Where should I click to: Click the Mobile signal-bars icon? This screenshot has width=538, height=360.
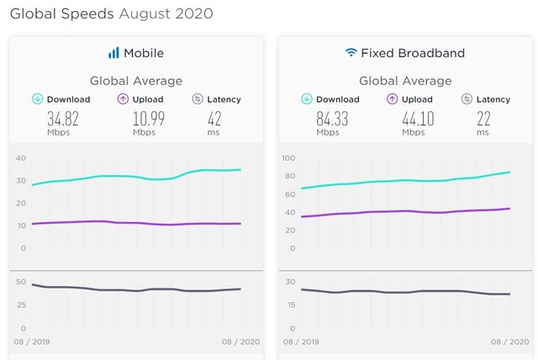tap(113, 53)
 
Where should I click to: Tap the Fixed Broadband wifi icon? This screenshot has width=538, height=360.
tap(351, 52)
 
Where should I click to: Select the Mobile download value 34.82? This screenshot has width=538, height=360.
tap(63, 119)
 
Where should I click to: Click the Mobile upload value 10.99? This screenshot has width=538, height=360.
tap(149, 119)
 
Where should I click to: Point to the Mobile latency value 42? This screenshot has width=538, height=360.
tap(214, 119)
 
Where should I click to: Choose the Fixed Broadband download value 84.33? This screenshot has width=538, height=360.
tap(332, 119)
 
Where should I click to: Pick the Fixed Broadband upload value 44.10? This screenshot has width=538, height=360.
tap(418, 119)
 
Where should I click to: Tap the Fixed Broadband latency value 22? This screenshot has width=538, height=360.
tap(483, 119)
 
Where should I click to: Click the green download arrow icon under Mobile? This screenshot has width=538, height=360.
tap(37, 99)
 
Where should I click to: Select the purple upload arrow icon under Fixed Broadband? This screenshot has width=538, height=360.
tap(393, 99)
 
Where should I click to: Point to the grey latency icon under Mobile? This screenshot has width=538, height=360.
tap(198, 99)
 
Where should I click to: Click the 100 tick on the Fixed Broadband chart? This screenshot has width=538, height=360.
tap(288, 158)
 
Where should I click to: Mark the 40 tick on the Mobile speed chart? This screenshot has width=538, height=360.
tap(21, 158)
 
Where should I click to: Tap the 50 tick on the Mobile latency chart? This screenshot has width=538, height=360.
tap(21, 282)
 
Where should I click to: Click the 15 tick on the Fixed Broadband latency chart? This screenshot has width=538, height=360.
tap(292, 304)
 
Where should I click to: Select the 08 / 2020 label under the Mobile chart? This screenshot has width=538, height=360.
tap(240, 341)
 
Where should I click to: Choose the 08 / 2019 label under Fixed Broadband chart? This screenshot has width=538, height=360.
tap(301, 341)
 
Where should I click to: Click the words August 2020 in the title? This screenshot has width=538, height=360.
tap(166, 13)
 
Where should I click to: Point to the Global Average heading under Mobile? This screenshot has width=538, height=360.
tap(136, 81)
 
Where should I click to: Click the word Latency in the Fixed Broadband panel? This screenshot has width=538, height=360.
tap(493, 99)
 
